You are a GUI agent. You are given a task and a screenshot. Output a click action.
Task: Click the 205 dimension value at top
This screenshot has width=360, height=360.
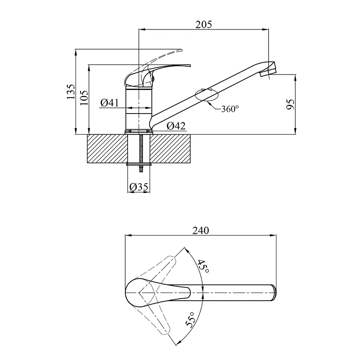204,24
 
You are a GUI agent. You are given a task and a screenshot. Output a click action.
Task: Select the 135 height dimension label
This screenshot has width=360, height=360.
71,92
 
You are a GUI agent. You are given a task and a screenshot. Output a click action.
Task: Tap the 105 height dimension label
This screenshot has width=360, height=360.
84,98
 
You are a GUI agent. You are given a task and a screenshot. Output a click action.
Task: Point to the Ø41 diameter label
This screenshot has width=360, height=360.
110,103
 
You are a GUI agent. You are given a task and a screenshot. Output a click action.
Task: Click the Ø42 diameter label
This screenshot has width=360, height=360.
176,126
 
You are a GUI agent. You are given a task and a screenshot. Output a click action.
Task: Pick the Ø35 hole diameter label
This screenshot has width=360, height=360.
139,187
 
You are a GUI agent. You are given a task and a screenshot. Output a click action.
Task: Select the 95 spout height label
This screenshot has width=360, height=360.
290,104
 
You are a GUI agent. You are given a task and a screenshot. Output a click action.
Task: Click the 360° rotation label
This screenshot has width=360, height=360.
230,109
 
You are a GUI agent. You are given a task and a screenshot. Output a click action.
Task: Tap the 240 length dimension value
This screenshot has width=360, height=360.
201,231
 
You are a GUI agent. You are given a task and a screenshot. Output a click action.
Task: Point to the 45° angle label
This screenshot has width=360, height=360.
203,266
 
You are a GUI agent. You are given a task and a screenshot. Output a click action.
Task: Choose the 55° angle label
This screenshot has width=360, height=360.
190,319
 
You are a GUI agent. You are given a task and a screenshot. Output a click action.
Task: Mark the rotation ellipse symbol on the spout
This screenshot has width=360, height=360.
206,95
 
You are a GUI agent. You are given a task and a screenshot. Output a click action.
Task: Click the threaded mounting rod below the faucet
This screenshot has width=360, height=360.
141,153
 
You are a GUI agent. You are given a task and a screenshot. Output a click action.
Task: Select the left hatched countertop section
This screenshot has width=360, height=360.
107,149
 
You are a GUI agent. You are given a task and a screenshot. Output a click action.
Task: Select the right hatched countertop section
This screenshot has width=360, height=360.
170,149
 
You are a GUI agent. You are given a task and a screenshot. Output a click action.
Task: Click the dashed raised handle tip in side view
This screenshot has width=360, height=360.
181,50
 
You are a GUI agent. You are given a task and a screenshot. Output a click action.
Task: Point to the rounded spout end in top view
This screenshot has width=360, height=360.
274,292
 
